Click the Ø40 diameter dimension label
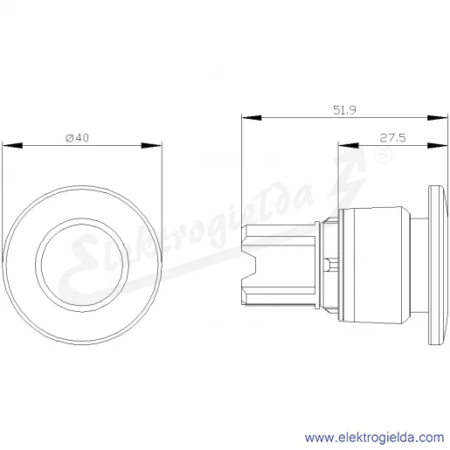pos(77,138)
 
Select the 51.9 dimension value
pos(344,110)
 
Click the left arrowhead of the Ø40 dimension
pos(12,145)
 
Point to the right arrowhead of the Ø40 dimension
pos(151,145)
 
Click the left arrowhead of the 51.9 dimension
pos(252,118)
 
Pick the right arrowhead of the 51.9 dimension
pos(438,118)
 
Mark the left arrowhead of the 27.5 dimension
pos(349,145)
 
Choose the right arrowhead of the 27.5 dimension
pos(438,145)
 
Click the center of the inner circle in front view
pos(82,265)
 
